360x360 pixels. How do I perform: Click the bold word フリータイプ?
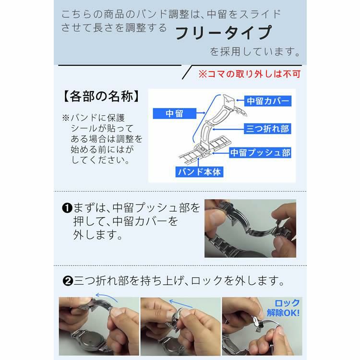(223, 33)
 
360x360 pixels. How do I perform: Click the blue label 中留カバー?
(267, 101)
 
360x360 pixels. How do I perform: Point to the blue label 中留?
(174, 113)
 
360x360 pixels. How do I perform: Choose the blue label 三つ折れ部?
(267, 129)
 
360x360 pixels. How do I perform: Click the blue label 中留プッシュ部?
(260, 153)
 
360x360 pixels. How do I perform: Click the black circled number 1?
(67, 208)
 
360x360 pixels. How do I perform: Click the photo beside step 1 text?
(250, 228)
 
